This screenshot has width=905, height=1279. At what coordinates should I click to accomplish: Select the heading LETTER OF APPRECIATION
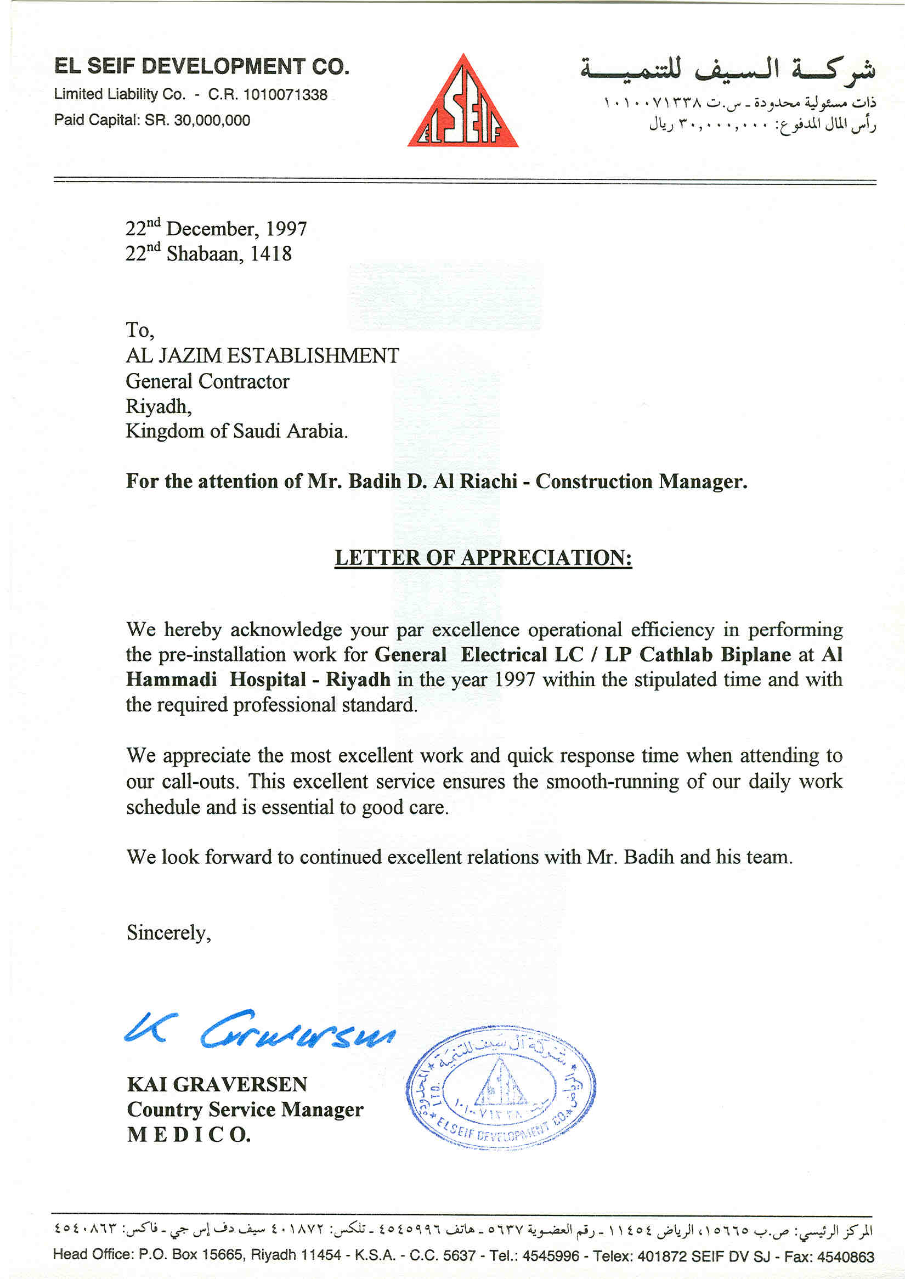(483, 558)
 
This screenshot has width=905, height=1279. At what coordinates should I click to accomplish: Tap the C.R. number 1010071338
(285, 95)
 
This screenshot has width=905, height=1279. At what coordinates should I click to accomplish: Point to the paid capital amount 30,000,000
(212, 120)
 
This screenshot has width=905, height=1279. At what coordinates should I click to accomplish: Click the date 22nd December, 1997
(216, 229)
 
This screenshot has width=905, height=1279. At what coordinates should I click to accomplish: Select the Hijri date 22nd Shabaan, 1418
(208, 253)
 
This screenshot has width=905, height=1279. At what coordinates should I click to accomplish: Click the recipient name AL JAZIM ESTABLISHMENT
(263, 355)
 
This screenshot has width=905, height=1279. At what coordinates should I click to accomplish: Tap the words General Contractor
(207, 381)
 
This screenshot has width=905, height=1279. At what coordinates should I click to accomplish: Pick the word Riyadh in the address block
(159, 406)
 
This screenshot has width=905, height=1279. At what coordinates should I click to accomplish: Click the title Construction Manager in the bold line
(641, 482)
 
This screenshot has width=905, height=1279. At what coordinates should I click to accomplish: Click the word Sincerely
(168, 933)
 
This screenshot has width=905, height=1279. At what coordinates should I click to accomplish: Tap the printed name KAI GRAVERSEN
(217, 1084)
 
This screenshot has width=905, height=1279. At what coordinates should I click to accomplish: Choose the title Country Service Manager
(245, 1109)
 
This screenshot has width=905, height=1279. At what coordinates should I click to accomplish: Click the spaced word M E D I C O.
(189, 1134)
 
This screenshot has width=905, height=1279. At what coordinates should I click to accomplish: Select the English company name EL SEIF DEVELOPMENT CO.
(202, 67)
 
